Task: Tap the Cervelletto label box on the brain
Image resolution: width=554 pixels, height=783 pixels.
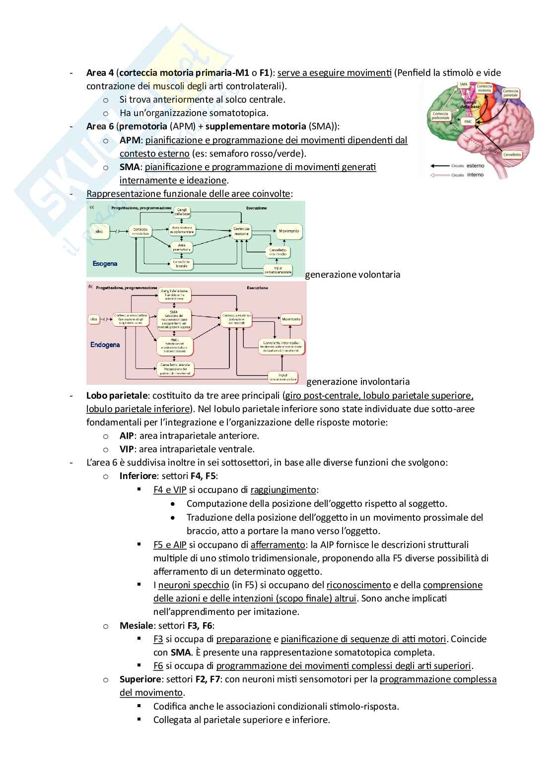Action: point(512,154)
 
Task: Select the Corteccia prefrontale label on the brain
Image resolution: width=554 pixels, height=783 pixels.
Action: point(440,116)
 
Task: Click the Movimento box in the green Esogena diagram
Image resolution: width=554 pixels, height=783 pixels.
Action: point(289,231)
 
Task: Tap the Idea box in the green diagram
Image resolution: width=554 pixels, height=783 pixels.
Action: point(99,231)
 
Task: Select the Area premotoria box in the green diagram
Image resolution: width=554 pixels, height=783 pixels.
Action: point(182,246)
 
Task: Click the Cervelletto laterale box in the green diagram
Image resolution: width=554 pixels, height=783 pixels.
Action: point(182,264)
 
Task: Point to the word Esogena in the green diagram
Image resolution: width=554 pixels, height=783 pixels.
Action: point(105,263)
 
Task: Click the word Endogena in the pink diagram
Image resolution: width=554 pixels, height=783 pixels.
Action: point(105,345)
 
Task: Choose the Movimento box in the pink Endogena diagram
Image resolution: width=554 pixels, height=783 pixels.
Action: point(291,319)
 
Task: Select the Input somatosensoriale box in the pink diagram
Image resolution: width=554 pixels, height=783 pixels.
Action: point(282,377)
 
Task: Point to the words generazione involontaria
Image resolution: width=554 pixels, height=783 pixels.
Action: point(358,381)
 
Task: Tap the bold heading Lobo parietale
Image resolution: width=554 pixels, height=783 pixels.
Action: point(117,396)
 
